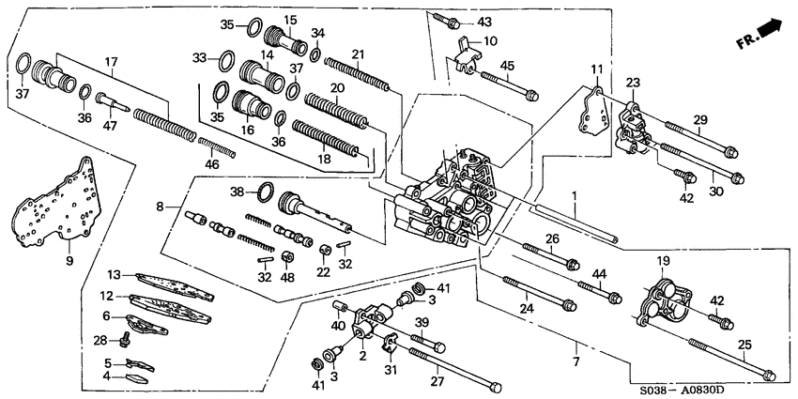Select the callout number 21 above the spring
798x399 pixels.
coord(358,53)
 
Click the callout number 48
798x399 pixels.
coord(288,278)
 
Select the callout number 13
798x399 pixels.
coord(114,275)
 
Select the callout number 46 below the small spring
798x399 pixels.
coord(212,163)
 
